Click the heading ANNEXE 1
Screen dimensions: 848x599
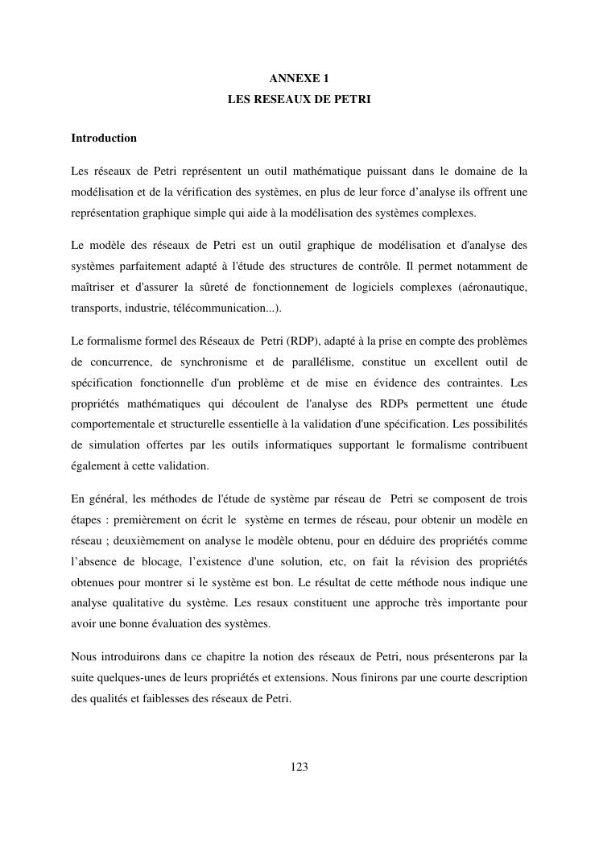pos(299,78)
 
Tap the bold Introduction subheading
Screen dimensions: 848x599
pos(104,138)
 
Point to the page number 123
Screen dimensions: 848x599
pos(299,767)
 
